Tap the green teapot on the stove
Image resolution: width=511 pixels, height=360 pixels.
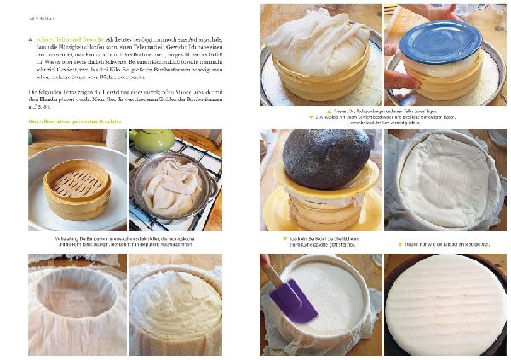click(152, 142)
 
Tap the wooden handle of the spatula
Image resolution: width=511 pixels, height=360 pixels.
click(268, 268)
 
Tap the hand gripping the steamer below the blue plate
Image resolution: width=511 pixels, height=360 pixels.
click(400, 78)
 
